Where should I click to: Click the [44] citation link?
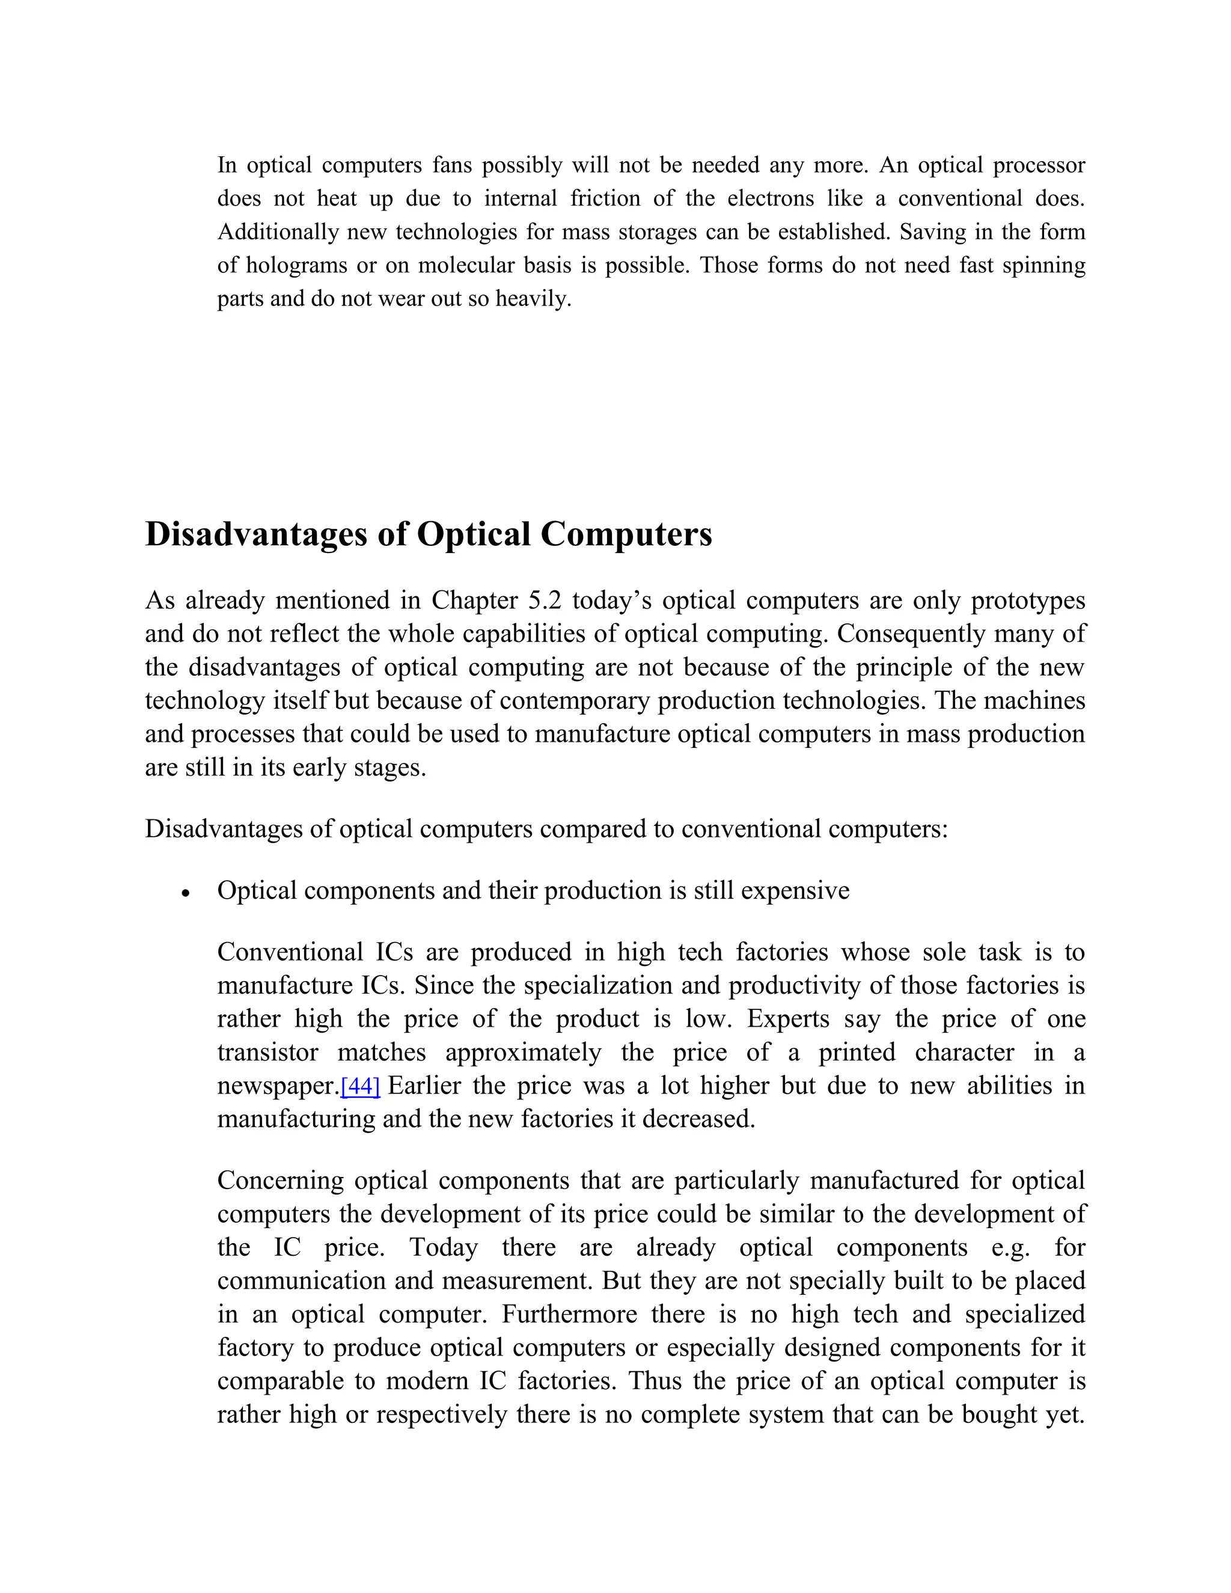click(x=360, y=1086)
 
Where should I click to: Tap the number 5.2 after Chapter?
click(x=545, y=601)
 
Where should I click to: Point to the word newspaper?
click(x=278, y=1086)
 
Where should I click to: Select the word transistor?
click(x=267, y=1053)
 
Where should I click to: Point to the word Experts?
click(x=787, y=1019)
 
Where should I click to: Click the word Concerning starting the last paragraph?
click(x=280, y=1180)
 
